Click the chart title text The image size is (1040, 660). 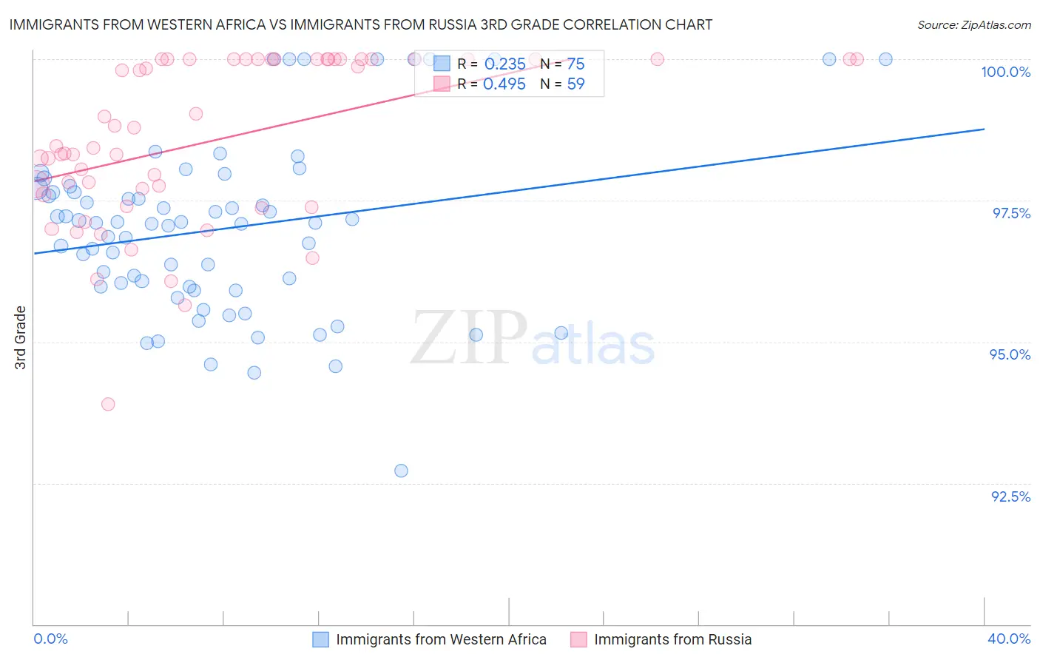click(x=361, y=24)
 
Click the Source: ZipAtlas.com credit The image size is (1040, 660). click(x=973, y=25)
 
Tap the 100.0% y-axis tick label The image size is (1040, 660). click(x=1005, y=72)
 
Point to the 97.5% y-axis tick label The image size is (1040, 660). click(x=1011, y=213)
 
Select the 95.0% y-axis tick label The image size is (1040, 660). click(x=1010, y=354)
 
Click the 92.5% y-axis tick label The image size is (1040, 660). click(x=1010, y=496)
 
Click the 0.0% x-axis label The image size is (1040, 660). click(x=50, y=639)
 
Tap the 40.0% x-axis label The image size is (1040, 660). click(x=1009, y=639)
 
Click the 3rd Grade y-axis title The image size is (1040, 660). click(x=21, y=337)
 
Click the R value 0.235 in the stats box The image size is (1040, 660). click(x=504, y=64)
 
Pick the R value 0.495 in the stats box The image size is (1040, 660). click(x=504, y=84)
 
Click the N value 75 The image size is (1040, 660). click(x=575, y=64)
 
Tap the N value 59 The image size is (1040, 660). click(x=575, y=84)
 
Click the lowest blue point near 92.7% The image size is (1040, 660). click(x=401, y=471)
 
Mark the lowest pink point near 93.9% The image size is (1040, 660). click(x=108, y=404)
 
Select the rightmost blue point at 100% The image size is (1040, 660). click(x=885, y=59)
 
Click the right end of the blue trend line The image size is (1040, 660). click(x=984, y=129)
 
